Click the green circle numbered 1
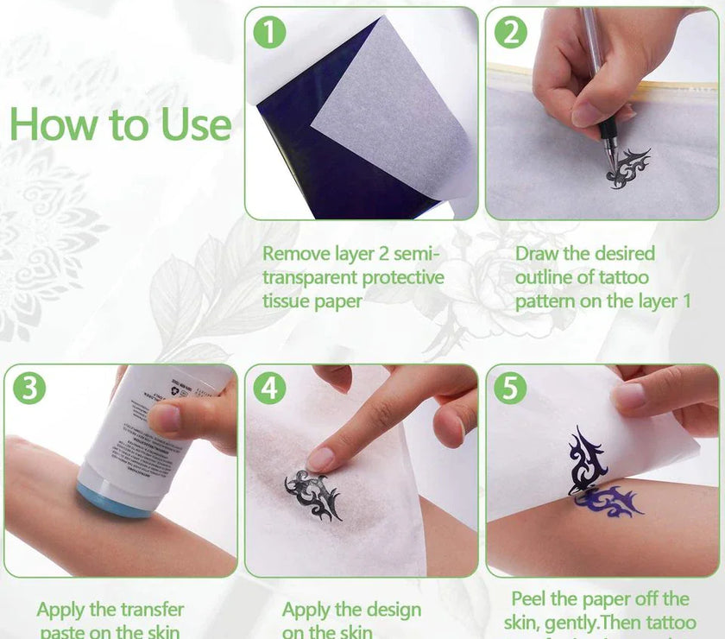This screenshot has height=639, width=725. click(270, 34)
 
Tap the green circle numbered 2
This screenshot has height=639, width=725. click(511, 34)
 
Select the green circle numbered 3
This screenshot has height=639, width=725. click(29, 389)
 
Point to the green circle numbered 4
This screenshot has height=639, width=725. click(270, 389)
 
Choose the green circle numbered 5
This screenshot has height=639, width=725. click(511, 389)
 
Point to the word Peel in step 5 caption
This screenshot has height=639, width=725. click(532, 599)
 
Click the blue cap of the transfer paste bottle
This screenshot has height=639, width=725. click(112, 498)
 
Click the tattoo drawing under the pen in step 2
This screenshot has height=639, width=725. click(627, 168)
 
